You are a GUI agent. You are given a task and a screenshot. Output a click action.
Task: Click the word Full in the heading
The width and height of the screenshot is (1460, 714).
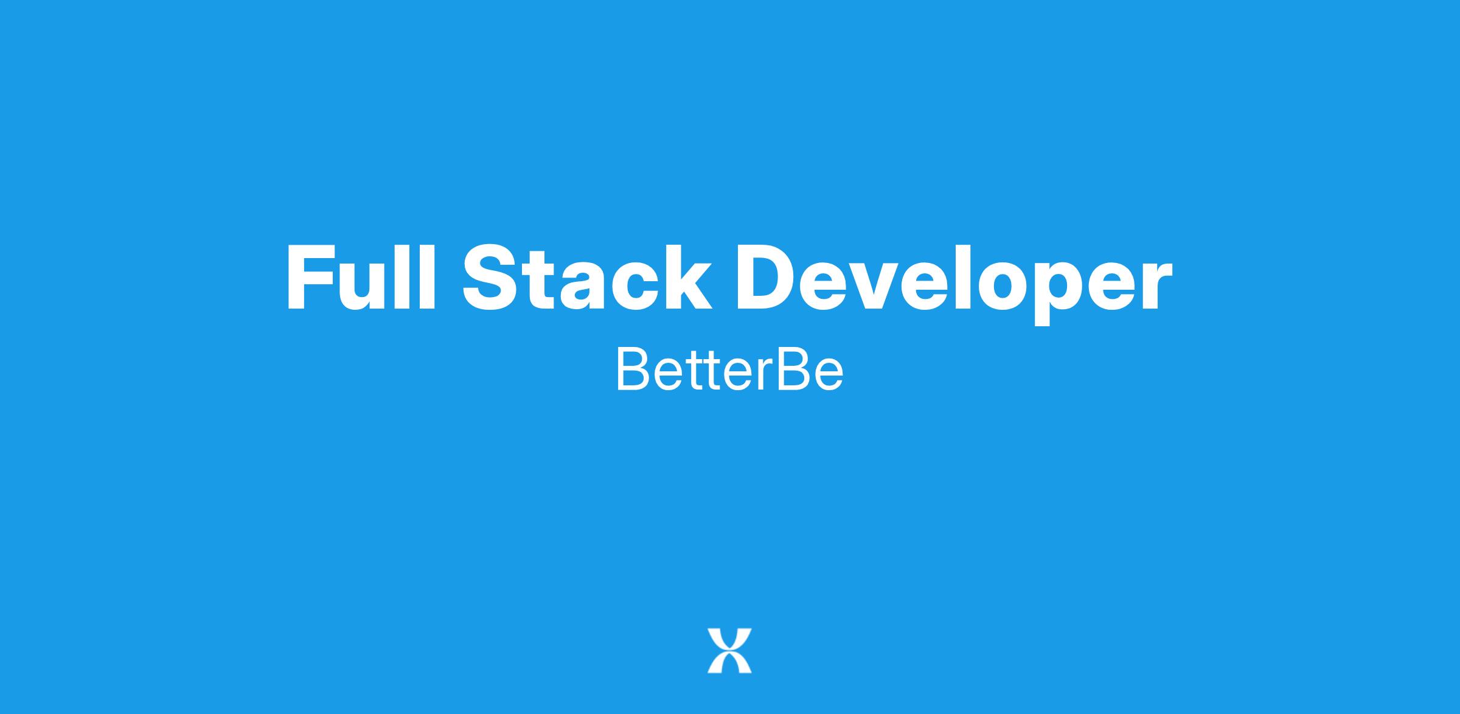point(361,278)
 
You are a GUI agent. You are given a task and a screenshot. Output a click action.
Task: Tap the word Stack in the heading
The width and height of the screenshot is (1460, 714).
point(587,278)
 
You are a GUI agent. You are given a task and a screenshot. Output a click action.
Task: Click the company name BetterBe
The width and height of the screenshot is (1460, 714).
point(730,369)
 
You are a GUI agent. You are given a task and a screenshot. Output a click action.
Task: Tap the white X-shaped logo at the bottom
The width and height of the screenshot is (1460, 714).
point(729,651)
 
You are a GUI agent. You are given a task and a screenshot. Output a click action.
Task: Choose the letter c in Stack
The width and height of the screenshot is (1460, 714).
point(631,286)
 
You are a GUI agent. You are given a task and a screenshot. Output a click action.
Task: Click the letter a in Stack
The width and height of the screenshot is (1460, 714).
point(576,286)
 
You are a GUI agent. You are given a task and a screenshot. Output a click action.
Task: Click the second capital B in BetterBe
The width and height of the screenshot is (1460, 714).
point(794,369)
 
